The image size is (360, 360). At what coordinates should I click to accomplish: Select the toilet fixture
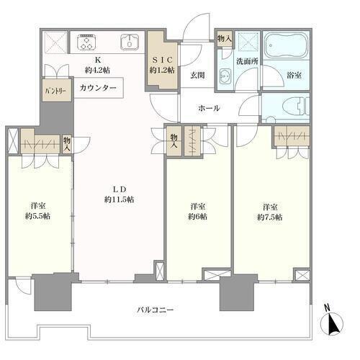coord(296,107)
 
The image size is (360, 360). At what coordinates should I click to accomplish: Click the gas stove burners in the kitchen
coord(86,42)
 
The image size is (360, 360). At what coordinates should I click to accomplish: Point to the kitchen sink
coord(130,42)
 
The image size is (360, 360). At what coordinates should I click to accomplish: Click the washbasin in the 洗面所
coord(225,76)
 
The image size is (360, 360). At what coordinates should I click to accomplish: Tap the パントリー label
coord(56,91)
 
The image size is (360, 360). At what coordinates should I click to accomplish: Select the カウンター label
coord(98,88)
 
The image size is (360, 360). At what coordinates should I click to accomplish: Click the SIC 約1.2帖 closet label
coord(162,65)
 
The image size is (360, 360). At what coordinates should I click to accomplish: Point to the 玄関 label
coord(197,76)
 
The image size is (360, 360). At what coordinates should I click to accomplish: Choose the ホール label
coord(209,108)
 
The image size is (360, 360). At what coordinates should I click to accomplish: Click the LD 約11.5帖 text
coord(120,194)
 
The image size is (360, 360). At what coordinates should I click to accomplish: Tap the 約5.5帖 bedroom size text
coord(38,216)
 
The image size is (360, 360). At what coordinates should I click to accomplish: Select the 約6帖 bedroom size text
coord(197,217)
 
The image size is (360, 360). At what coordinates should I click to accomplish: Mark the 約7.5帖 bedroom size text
coord(270,217)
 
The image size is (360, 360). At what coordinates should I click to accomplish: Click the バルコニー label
coord(156,310)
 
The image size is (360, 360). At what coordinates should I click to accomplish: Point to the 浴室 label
coord(294,76)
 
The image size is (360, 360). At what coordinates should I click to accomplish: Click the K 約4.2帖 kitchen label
coord(97,65)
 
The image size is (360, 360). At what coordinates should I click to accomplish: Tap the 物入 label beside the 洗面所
coord(225,38)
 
